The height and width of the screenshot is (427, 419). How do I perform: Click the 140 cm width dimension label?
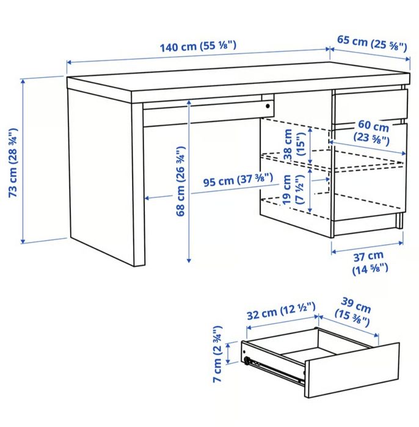(x=198, y=46)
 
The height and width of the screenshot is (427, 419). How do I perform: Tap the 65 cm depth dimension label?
(x=372, y=43)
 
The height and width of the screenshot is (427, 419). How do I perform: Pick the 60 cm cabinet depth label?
(x=373, y=133)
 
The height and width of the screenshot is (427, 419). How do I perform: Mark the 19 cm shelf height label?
(x=295, y=191)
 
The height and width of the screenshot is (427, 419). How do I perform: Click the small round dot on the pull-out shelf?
(x=267, y=106)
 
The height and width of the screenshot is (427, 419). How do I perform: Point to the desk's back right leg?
(x=399, y=220)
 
